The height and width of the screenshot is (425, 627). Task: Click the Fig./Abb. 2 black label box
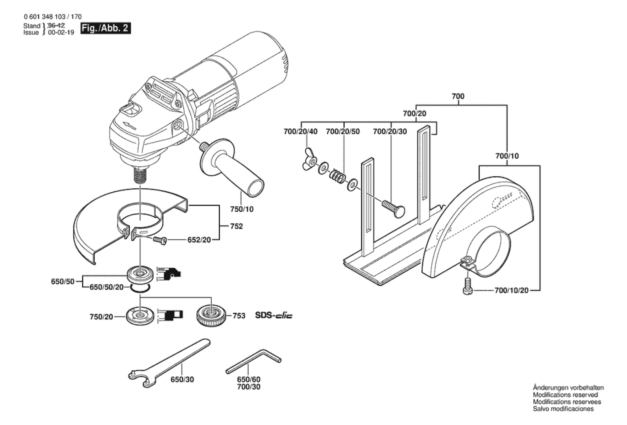105,28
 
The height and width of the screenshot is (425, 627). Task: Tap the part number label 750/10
242,209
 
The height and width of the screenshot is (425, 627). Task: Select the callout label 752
236,226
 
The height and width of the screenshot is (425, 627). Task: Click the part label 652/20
199,240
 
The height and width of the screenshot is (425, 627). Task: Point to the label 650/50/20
106,287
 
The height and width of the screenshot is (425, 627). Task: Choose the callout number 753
239,316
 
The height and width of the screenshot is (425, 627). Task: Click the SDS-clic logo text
274,315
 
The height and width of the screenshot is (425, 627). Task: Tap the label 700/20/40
300,132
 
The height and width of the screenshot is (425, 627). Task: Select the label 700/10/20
511,290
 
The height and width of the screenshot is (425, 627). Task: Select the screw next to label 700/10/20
468,286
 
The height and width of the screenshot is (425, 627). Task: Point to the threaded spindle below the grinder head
140,175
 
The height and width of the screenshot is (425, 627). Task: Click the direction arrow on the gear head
129,126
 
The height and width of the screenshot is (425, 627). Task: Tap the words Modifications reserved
565,395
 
